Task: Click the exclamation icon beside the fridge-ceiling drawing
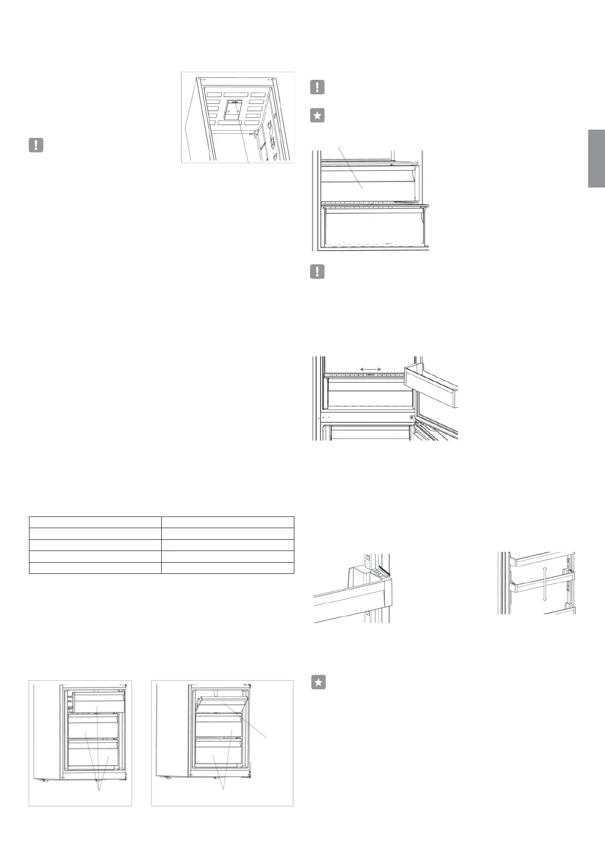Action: click(x=36, y=145)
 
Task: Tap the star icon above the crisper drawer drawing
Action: click(x=317, y=115)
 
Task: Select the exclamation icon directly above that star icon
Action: click(x=317, y=87)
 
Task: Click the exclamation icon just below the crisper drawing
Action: click(x=317, y=271)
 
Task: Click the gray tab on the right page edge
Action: click(x=596, y=159)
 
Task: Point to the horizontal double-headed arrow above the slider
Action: click(x=370, y=369)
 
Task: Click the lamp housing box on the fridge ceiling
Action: click(x=233, y=109)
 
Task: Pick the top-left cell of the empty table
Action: click(x=95, y=522)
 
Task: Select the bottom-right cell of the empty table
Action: click(x=228, y=568)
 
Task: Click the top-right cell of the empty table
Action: click(x=228, y=522)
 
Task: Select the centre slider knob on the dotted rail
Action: click(x=370, y=375)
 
